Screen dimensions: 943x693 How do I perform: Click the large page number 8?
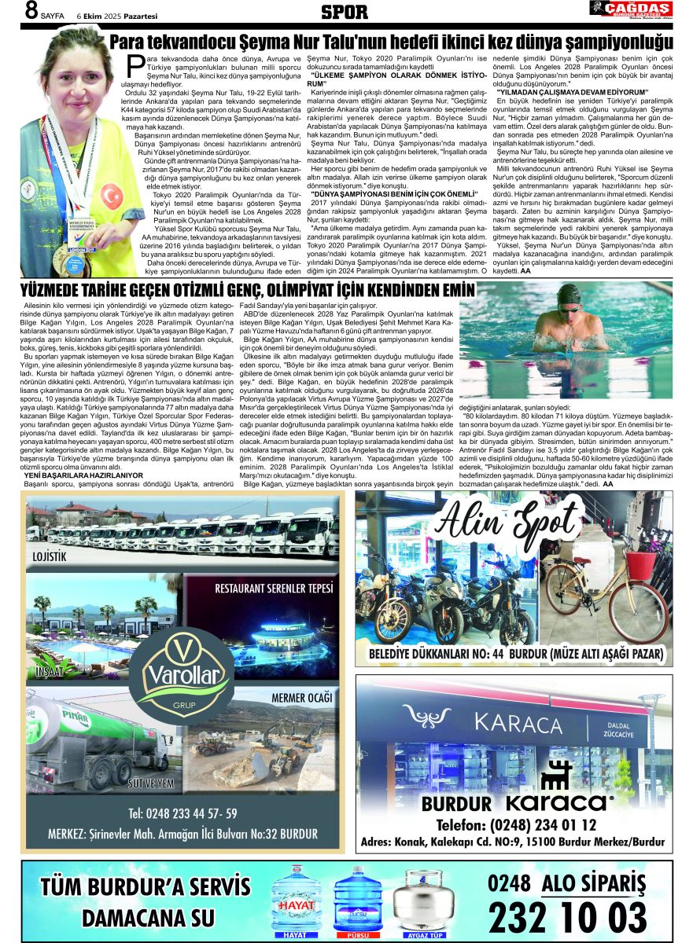coord(31,12)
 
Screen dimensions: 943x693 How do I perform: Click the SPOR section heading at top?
coord(345,12)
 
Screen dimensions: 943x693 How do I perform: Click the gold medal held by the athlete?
coord(81,260)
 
